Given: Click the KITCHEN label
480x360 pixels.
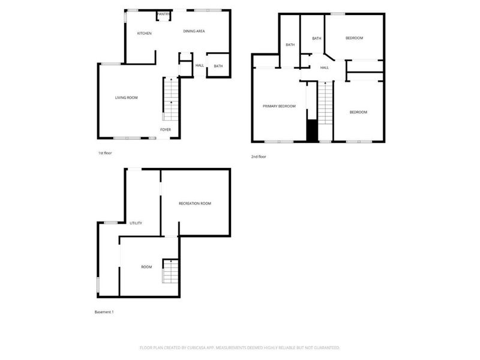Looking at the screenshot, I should click(144, 33).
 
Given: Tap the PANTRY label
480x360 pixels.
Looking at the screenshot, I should click(163, 14).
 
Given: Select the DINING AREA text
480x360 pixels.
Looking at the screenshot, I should click(194, 31).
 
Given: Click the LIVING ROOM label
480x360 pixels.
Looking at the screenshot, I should click(127, 97).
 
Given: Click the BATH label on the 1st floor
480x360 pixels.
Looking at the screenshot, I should click(218, 66).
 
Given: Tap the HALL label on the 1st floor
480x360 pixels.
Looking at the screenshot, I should click(200, 65).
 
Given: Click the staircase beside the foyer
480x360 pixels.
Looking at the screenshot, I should click(171, 98).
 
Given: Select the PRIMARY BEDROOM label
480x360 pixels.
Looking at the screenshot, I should click(279, 106).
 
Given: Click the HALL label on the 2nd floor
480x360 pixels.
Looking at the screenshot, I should click(324, 68).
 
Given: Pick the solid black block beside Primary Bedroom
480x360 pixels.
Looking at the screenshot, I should click(312, 130).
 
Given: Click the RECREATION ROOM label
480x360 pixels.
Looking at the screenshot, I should click(195, 204).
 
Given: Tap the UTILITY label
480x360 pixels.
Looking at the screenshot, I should click(136, 223).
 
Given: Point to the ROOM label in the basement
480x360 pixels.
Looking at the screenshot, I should click(146, 267).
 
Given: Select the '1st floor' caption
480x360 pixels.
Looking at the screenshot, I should click(105, 153).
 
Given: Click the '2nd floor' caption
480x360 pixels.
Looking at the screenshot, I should click(259, 157).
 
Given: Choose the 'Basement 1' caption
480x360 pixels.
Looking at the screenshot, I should click(104, 312).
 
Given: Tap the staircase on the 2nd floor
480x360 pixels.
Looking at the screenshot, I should click(325, 103).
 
